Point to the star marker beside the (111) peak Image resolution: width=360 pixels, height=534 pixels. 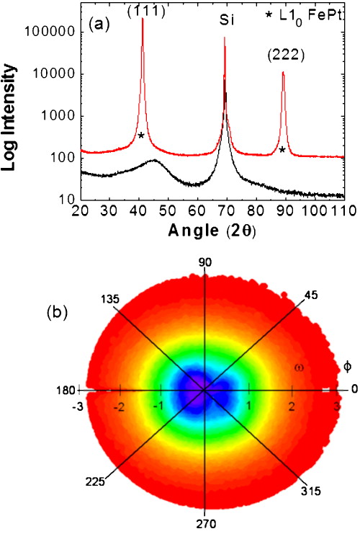coord(141,135)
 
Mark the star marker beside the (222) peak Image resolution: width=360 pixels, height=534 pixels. coord(282,150)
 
